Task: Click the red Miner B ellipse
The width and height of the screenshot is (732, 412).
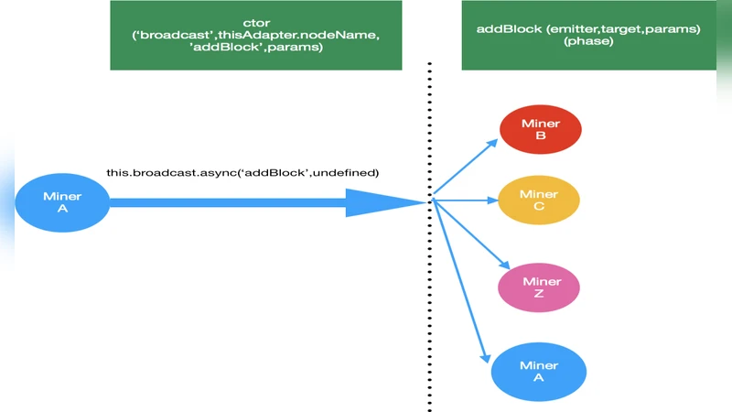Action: pos(541,130)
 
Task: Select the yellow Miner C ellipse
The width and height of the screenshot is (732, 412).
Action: pos(539,201)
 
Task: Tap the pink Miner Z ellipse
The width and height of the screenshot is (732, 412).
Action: pos(539,287)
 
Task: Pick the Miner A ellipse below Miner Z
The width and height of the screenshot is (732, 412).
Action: pos(539,372)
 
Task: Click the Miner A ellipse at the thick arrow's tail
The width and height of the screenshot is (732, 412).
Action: pos(61,202)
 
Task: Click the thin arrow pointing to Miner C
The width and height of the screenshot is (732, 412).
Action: pos(466,199)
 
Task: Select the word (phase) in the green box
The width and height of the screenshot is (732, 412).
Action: pos(588,42)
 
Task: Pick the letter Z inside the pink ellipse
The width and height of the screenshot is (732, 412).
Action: pos(539,294)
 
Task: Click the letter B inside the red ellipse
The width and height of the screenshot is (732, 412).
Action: pos(541,136)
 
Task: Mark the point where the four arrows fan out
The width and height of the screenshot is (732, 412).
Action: pos(433,199)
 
